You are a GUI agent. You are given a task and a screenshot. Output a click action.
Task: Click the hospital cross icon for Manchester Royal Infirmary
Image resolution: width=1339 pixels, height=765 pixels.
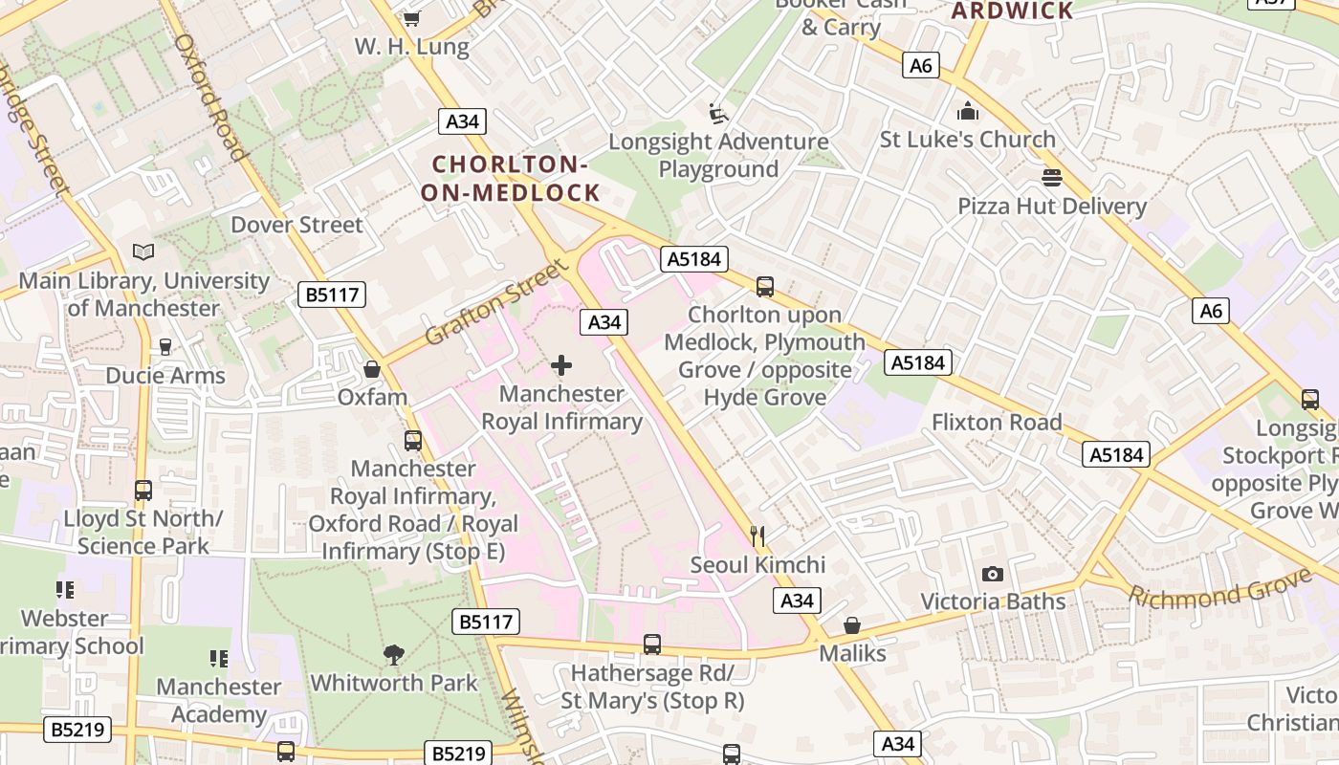click(561, 365)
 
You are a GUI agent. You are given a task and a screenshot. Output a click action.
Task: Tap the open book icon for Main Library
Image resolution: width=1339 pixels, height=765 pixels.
click(143, 252)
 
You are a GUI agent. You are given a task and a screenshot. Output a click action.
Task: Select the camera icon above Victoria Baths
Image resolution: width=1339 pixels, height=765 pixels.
click(993, 574)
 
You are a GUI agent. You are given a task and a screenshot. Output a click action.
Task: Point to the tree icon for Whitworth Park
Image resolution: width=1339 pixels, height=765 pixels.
click(393, 655)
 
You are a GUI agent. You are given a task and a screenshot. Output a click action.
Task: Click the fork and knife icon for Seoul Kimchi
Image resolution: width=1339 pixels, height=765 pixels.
click(757, 535)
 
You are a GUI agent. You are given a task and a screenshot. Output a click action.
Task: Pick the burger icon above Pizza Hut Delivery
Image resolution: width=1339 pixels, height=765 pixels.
click(1052, 178)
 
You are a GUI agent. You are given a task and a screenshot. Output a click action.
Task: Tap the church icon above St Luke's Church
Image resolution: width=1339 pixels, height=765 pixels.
click(968, 111)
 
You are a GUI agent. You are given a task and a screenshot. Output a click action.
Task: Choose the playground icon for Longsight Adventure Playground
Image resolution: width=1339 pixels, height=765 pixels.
click(718, 114)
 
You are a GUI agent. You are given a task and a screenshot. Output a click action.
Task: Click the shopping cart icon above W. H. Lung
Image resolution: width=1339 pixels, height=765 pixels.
click(411, 18)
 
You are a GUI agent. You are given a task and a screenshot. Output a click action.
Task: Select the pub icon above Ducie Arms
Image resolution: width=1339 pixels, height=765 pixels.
click(165, 347)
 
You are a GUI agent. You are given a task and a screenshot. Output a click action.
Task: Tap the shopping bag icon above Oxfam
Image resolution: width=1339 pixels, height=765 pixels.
click(372, 369)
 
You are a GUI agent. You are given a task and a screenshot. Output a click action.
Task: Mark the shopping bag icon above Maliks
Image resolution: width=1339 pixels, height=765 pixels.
click(852, 625)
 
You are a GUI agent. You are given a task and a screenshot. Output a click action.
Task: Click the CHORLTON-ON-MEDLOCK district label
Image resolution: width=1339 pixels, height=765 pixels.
click(510, 178)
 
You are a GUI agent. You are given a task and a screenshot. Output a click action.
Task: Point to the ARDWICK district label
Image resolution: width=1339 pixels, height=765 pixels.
click(1013, 11)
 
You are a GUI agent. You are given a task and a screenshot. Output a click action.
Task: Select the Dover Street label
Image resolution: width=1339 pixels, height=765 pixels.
click(296, 225)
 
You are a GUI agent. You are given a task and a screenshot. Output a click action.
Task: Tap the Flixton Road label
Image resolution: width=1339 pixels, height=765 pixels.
click(997, 422)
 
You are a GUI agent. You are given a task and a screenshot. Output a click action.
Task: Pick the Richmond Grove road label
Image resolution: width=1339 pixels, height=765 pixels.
click(1220, 587)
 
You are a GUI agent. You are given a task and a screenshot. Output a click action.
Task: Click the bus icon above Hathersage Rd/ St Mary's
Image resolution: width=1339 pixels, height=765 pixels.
click(652, 645)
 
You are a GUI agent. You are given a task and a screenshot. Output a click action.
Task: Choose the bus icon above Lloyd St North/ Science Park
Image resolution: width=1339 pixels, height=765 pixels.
click(143, 491)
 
